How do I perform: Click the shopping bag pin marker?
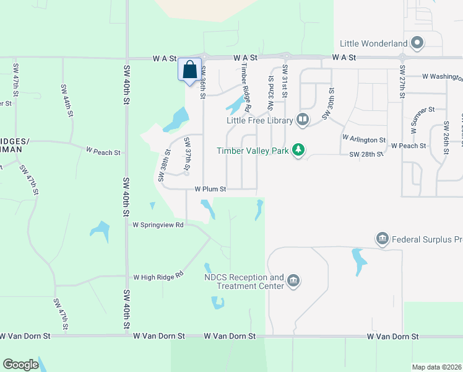(189, 69)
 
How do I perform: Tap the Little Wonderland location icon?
(417, 43)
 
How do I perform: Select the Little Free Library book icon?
(303, 119)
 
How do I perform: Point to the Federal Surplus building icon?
(382, 239)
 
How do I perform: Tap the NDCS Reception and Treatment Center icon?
(293, 281)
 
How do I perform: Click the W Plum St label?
(210, 189)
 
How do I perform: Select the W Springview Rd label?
(158, 225)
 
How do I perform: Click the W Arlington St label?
(364, 141)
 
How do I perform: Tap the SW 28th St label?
(363, 154)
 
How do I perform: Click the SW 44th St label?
(67, 100)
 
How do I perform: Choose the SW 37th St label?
(187, 155)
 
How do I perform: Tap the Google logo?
(21, 365)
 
